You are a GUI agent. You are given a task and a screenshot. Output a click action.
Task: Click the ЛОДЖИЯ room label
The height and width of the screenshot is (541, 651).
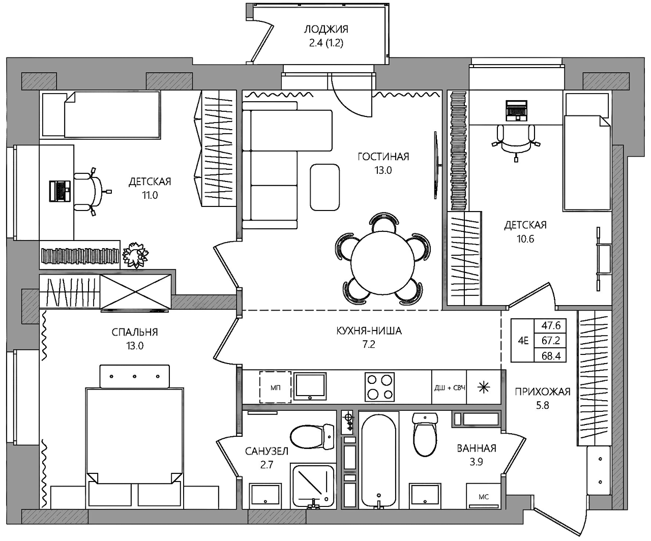[x=326, y=29]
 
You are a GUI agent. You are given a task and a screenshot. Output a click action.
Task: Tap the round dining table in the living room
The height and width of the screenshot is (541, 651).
[x=383, y=262]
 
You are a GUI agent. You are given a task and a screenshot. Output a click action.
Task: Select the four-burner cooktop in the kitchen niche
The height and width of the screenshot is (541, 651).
[x=379, y=387]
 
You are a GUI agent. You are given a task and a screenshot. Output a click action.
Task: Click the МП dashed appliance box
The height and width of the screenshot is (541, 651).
[x=275, y=387]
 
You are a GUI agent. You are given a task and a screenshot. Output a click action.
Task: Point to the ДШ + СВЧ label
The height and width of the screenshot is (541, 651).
[x=449, y=388]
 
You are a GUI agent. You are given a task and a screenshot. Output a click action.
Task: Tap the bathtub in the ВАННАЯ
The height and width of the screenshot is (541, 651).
[x=378, y=460]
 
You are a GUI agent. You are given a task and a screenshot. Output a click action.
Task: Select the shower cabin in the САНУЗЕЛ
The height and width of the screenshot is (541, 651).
[x=312, y=486]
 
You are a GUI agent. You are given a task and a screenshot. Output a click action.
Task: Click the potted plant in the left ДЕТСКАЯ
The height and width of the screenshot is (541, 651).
[x=136, y=255]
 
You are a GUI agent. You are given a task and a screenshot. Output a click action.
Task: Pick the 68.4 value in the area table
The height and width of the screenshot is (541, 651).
[x=551, y=355]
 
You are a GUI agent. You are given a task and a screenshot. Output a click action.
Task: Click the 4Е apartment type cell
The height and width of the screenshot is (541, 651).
[x=523, y=341]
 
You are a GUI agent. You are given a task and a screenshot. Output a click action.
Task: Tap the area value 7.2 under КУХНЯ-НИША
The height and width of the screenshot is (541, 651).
[x=369, y=344]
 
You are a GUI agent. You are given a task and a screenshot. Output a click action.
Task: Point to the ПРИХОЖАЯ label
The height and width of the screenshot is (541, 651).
[x=543, y=392]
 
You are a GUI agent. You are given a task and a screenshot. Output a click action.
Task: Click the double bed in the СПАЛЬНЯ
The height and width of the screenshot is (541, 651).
[x=135, y=436]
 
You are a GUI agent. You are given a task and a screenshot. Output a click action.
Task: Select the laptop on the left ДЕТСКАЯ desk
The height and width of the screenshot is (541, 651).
[x=60, y=191]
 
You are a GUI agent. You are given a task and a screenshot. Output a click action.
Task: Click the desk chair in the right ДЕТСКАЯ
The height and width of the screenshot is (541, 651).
[x=516, y=142]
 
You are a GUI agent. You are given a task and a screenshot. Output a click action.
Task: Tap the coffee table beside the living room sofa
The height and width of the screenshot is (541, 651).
[x=324, y=187]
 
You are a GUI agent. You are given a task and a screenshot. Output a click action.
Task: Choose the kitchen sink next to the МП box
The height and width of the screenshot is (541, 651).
[x=311, y=386]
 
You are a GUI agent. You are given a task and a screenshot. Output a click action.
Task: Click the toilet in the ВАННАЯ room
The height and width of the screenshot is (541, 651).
[x=425, y=435]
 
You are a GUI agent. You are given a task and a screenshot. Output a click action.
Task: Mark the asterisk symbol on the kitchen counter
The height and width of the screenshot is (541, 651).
[x=484, y=387]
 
